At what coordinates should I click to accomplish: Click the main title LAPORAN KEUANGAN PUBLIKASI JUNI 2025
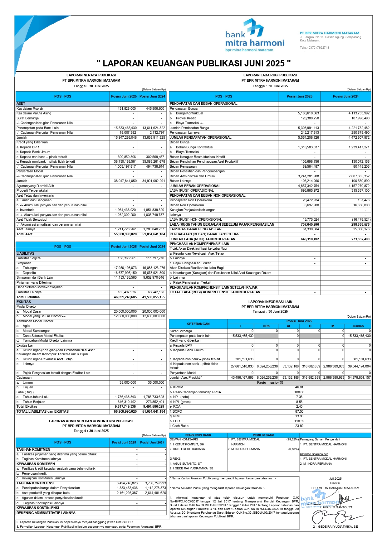click(193, 64)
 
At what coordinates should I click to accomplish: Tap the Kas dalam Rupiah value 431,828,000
click(126, 108)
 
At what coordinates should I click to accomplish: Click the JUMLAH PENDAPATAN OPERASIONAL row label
click(201, 137)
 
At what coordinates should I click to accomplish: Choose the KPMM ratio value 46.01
click(299, 387)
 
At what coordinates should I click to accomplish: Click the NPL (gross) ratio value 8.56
click(299, 402)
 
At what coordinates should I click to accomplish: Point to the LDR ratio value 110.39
click(299, 421)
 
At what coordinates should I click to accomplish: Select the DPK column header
click(266, 326)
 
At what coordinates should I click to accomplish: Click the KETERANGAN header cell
click(198, 324)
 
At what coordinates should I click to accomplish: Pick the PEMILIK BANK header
click(263, 435)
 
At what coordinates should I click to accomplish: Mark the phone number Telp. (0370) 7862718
click(314, 48)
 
